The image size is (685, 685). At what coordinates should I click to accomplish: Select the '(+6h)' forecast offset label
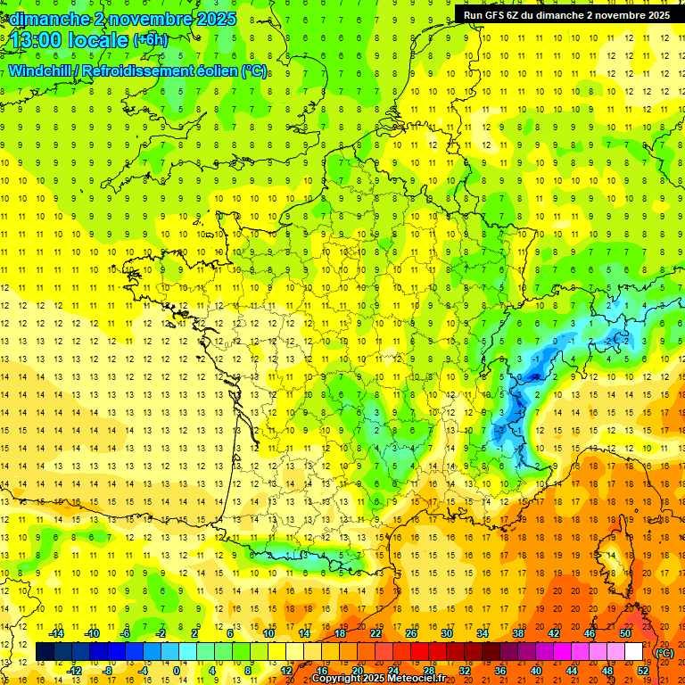(x=149, y=40)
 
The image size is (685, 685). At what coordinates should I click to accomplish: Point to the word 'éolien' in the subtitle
(x=210, y=70)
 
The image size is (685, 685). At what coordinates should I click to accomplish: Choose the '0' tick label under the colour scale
(x=176, y=671)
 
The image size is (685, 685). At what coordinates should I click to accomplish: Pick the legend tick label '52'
(x=643, y=671)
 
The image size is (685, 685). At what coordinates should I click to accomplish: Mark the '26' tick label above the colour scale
(x=411, y=633)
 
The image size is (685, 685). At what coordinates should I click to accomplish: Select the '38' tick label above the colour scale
(x=518, y=633)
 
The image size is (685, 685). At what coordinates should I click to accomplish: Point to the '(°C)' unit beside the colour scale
(x=664, y=652)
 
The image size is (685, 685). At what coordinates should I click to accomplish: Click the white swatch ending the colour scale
(x=634, y=652)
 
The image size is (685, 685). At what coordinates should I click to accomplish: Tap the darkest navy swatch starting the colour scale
(x=45, y=652)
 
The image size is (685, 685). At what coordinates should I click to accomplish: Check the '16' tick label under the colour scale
(x=321, y=671)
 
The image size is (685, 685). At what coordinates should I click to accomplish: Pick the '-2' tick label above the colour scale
(x=161, y=633)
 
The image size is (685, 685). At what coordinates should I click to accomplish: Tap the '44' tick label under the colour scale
(x=571, y=671)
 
